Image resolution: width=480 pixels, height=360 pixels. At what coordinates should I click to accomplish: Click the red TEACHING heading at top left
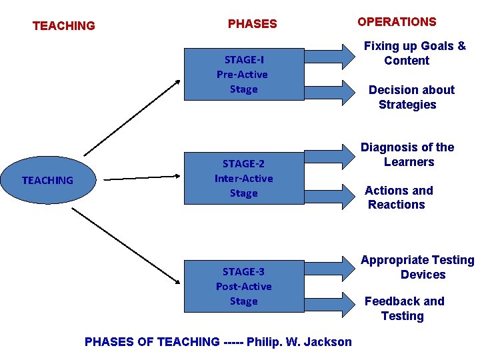(x=64, y=26)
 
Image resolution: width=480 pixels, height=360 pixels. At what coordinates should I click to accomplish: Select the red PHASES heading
(x=252, y=24)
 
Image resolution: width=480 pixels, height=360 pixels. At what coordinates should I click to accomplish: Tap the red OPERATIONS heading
(x=397, y=21)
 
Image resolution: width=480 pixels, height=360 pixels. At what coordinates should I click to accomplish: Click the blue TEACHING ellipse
(x=47, y=180)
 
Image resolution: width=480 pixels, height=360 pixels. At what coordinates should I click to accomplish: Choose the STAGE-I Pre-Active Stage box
(x=243, y=74)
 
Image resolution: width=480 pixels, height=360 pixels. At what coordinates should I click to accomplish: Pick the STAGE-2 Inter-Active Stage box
(x=243, y=178)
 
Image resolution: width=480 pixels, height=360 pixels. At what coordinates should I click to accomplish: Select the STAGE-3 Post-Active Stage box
(x=243, y=286)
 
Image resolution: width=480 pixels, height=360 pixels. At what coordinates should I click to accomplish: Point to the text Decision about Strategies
(x=411, y=97)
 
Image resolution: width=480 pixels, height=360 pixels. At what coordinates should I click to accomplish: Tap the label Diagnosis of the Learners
(x=407, y=155)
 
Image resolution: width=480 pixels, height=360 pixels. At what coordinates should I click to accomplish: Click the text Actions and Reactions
(x=398, y=197)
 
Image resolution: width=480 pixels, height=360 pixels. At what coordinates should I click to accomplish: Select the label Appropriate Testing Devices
(x=417, y=267)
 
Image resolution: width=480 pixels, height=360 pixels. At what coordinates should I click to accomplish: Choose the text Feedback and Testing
(x=403, y=308)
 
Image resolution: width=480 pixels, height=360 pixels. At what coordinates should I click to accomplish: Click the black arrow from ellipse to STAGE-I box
(x=132, y=117)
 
